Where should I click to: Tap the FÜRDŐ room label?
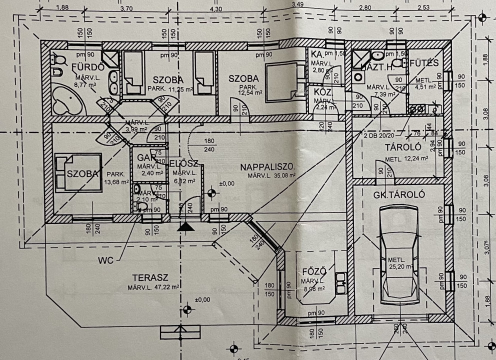pos(87,67)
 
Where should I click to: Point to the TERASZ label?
pos(149,277)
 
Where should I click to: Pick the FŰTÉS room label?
pos(424,63)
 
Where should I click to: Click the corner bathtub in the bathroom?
pos(66,102)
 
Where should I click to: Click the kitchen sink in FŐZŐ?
pos(341,282)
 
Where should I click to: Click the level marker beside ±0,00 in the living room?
pos(212,191)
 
